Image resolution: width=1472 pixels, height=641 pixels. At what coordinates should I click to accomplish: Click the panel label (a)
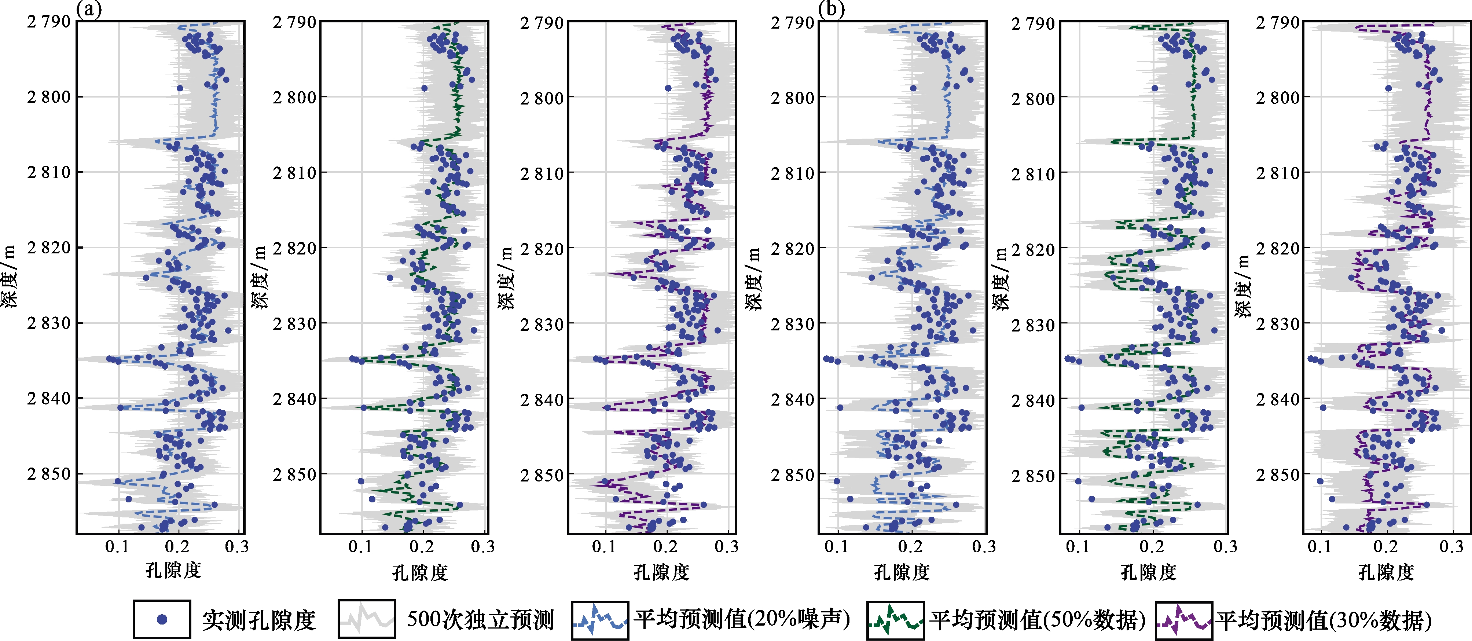[89, 10]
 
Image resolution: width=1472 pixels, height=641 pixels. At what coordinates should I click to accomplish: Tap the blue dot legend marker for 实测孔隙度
[162, 619]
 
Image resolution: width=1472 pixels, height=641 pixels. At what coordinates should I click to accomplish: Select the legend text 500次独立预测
[480, 619]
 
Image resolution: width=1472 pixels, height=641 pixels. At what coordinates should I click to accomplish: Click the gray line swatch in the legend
[366, 619]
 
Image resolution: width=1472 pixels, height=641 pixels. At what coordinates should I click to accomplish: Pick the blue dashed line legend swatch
[600, 619]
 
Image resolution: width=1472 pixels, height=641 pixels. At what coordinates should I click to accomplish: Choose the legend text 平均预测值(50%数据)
[1037, 619]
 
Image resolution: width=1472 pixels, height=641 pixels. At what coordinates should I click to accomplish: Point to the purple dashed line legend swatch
[1183, 619]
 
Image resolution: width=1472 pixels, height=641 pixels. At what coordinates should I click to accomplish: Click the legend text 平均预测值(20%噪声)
[742, 619]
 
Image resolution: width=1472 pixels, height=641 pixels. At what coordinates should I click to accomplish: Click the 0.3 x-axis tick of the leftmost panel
[236, 547]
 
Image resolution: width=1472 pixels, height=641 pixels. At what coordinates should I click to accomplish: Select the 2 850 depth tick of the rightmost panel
[1278, 475]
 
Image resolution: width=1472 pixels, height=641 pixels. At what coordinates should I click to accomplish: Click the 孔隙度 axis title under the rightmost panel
[1386, 572]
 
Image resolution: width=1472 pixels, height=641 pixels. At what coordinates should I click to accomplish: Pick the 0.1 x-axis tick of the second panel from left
[360, 547]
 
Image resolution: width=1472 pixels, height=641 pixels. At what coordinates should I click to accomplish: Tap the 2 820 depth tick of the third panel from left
[542, 249]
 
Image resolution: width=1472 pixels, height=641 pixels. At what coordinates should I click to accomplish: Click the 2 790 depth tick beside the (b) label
[793, 22]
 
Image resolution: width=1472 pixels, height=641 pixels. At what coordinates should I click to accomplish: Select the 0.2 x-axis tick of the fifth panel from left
[1152, 547]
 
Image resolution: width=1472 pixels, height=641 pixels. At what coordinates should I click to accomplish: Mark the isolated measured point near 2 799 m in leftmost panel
[179, 88]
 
